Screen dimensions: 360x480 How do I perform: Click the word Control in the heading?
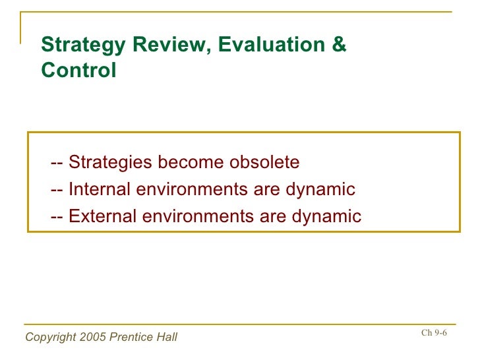click(78, 70)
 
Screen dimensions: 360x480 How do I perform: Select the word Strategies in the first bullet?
click(108, 162)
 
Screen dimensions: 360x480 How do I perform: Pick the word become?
click(188, 162)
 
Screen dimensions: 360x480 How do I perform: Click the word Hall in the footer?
click(166, 338)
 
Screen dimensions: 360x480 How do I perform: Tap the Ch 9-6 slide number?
click(434, 332)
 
